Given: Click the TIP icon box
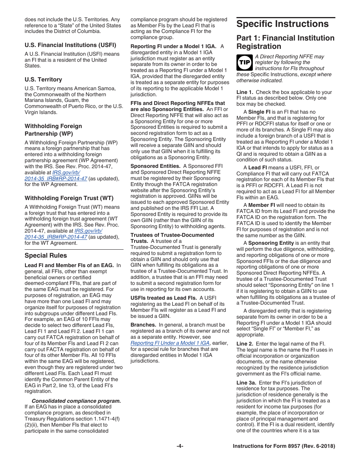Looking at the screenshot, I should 244,63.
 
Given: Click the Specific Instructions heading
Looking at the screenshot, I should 282,24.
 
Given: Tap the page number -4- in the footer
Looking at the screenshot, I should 180,446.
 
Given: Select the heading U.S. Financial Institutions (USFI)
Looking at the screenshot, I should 70,45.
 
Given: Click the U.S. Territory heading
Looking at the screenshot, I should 43,80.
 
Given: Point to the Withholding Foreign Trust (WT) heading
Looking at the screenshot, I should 69,198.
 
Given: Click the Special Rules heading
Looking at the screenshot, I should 45,255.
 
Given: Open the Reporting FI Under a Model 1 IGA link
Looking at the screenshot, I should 170,343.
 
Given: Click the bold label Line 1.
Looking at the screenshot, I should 245,92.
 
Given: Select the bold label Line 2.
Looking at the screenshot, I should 245,344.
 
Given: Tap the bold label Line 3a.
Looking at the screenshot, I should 246,383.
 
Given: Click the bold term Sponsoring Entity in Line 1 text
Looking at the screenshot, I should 271,243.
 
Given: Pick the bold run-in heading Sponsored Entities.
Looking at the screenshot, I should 155,166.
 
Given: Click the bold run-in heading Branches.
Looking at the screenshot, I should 143,325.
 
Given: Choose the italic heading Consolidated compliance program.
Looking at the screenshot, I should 76,401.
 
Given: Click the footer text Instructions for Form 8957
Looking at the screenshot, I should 284,446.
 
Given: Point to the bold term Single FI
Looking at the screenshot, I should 259,112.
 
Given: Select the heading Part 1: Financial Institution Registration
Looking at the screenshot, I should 285,42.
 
